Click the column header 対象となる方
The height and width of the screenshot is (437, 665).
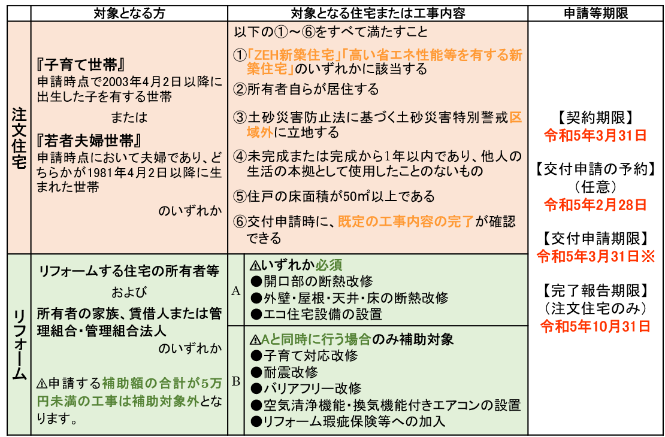click(x=129, y=14)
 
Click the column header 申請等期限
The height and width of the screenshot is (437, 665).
click(x=596, y=14)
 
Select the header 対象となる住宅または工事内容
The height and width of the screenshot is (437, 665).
click(x=378, y=14)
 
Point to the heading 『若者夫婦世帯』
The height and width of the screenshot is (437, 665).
click(x=89, y=140)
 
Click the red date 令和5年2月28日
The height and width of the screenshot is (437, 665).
click(x=596, y=205)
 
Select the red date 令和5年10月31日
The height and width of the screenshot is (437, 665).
click(x=596, y=326)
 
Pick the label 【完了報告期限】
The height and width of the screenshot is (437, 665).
click(x=596, y=290)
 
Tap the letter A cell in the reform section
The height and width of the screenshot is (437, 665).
click(x=236, y=291)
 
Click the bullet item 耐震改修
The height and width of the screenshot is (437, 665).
click(x=284, y=372)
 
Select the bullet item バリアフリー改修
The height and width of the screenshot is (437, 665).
click(x=306, y=389)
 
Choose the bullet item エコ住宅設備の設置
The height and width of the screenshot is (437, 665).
click(x=317, y=314)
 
